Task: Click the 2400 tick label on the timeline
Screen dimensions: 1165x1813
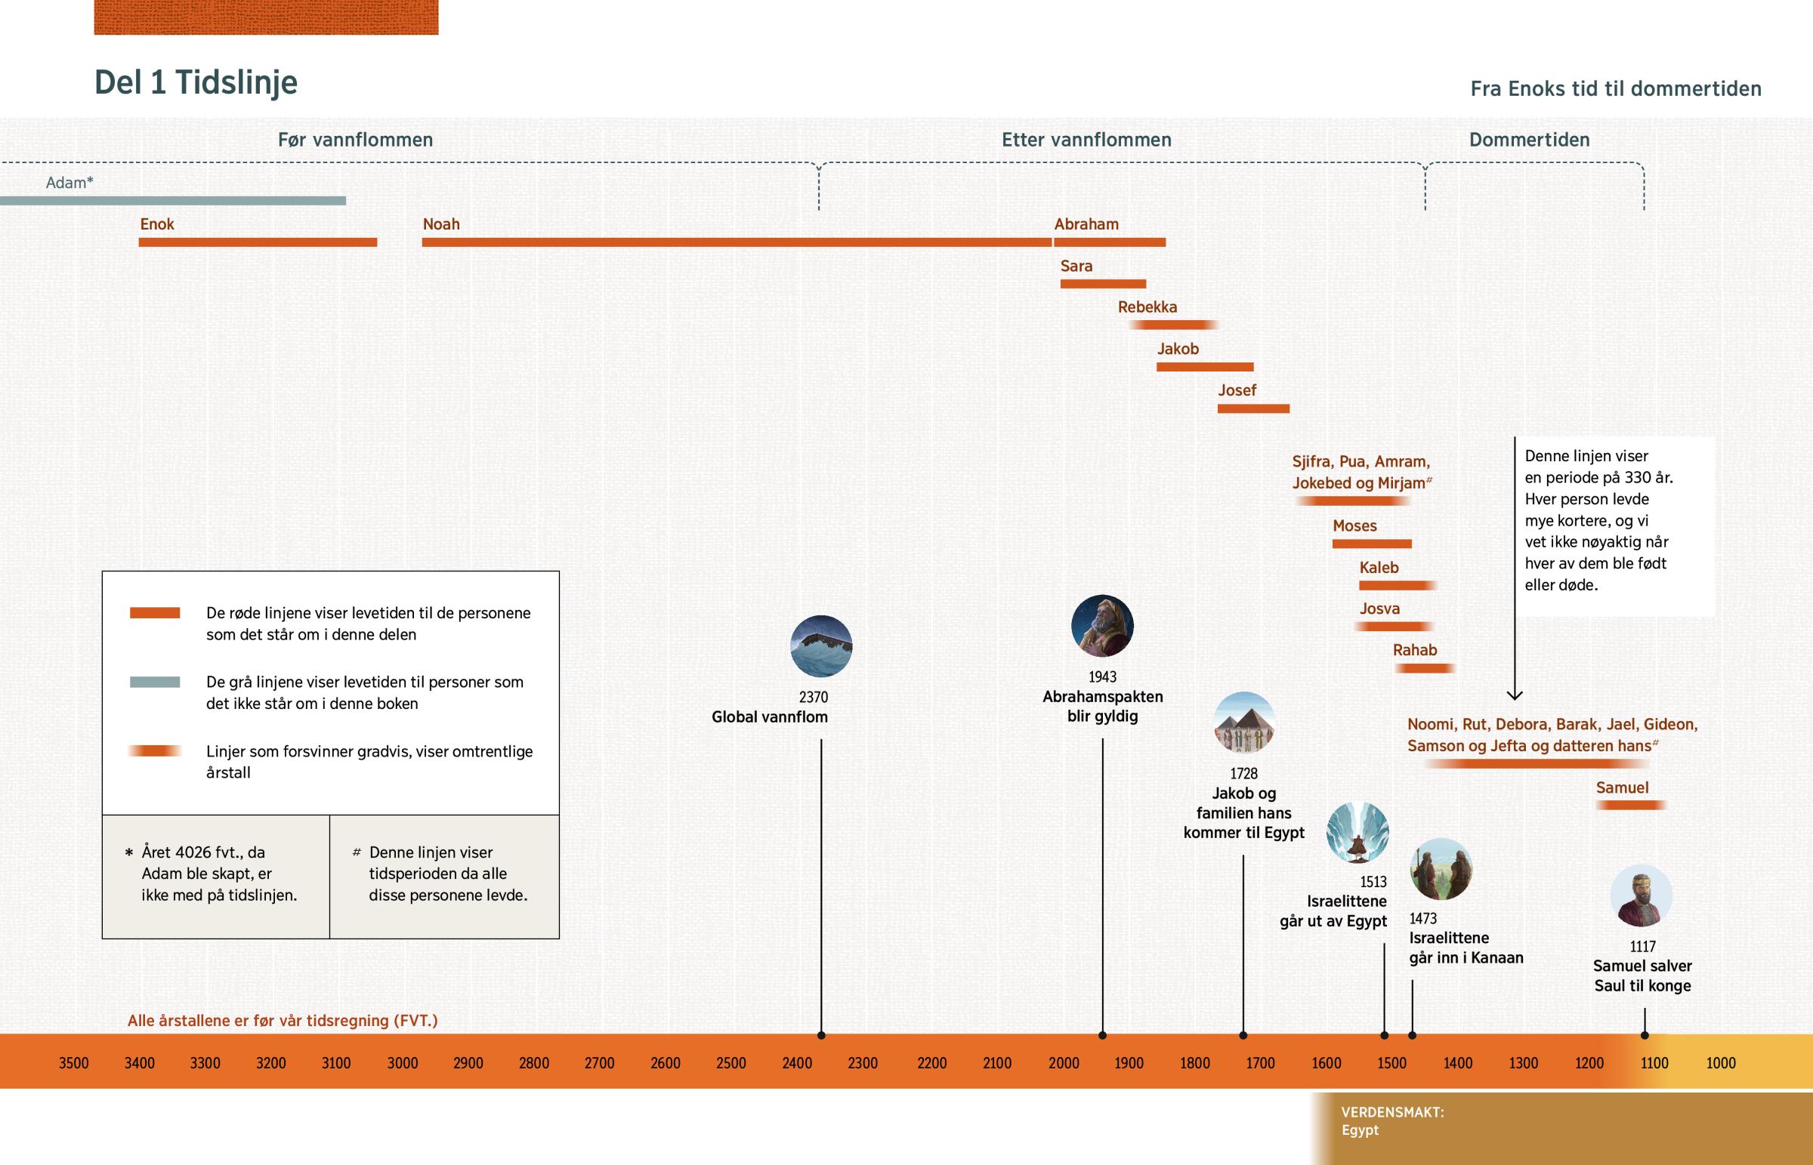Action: [797, 1063]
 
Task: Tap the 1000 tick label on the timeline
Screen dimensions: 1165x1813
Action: [1721, 1063]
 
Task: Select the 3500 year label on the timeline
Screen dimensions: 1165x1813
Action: [73, 1063]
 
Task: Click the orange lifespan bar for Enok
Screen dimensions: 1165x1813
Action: [258, 242]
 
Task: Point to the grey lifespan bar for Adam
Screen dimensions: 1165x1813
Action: [172, 201]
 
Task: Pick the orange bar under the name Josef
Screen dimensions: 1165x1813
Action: [1253, 408]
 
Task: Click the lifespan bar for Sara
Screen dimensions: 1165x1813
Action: [1102, 284]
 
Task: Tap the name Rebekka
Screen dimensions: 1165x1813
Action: [1147, 307]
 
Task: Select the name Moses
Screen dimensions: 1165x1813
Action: [1354, 525]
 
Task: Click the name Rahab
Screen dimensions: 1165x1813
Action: [1414, 650]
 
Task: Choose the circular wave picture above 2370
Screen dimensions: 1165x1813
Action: [821, 646]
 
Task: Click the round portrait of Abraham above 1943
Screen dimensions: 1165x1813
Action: [1101, 626]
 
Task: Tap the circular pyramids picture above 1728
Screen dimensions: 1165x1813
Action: [1244, 723]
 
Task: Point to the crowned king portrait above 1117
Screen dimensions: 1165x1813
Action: [1641, 895]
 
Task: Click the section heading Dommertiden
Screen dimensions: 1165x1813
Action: [1528, 140]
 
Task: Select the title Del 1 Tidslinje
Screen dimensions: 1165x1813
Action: [196, 82]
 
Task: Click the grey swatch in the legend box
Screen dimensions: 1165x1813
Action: [154, 682]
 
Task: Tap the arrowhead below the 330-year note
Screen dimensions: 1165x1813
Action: [1514, 695]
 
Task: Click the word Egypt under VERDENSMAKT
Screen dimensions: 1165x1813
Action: [1360, 1130]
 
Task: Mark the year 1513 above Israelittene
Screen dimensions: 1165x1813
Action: [1373, 881]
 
